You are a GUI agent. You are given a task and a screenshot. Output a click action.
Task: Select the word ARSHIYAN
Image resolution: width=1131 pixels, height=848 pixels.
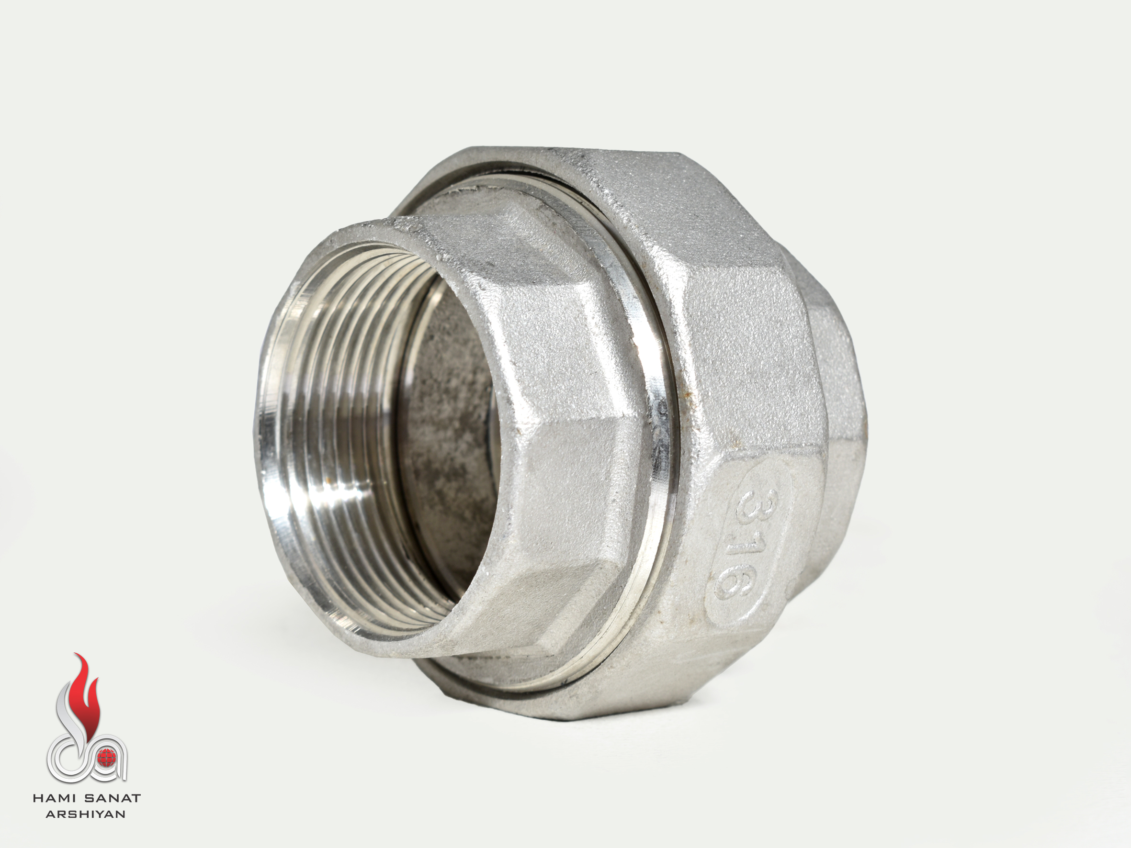86,815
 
